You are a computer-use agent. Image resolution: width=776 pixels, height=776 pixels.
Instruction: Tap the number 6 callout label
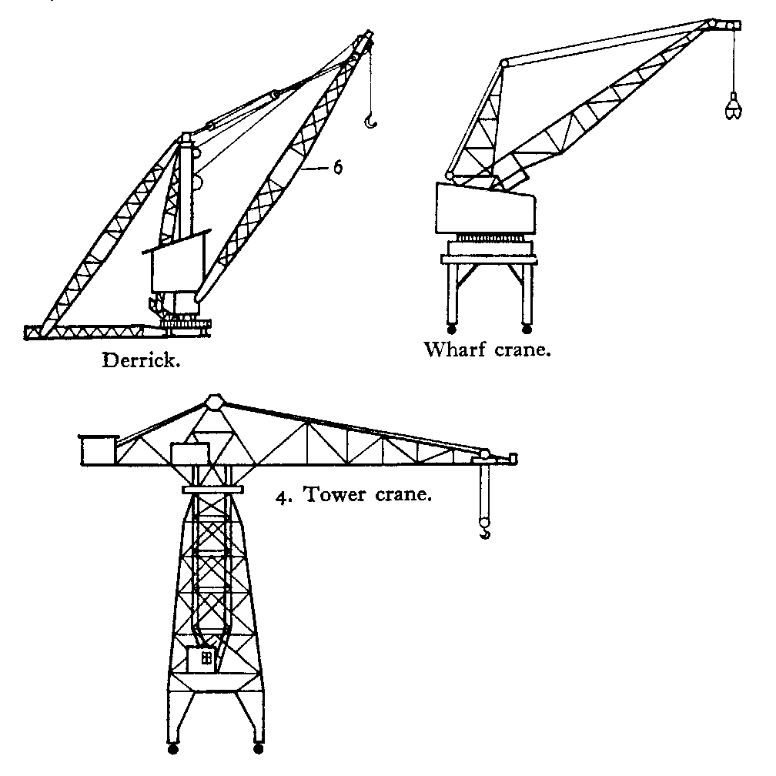click(x=336, y=167)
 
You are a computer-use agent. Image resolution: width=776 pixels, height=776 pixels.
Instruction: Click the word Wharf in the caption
click(x=454, y=350)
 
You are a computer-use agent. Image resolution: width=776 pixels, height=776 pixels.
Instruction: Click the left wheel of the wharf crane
click(x=451, y=330)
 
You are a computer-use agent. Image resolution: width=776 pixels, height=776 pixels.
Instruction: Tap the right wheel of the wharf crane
click(x=527, y=330)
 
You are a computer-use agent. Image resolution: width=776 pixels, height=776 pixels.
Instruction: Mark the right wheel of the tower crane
click(x=257, y=748)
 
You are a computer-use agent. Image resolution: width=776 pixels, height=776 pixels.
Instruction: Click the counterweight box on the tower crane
click(x=97, y=450)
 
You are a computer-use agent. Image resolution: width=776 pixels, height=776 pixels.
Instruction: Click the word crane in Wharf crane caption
click(x=523, y=350)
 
